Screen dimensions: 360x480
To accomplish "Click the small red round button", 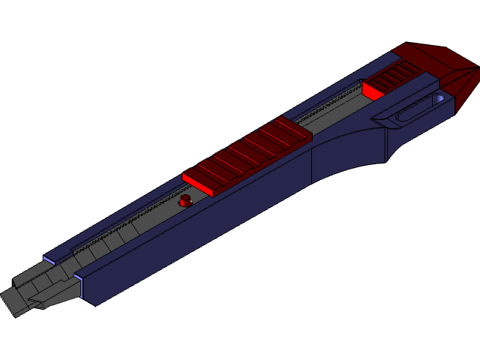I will (x=185, y=201).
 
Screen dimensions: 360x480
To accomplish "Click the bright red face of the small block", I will (x=370, y=91).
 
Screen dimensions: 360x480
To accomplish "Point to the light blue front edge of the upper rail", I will (x=49, y=260).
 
